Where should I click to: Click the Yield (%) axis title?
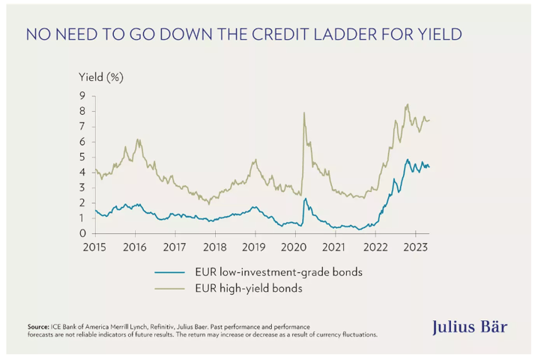[101, 77]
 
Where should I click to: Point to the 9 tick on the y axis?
[83, 95]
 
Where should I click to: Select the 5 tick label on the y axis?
[83, 157]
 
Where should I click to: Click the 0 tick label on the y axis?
[83, 233]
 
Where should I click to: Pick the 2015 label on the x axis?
[94, 246]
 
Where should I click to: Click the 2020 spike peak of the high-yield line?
[303, 112]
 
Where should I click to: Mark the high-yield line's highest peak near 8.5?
[407, 104]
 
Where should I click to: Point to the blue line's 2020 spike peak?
[305, 199]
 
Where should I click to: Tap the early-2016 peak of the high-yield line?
[137, 139]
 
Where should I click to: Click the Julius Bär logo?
[470, 327]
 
